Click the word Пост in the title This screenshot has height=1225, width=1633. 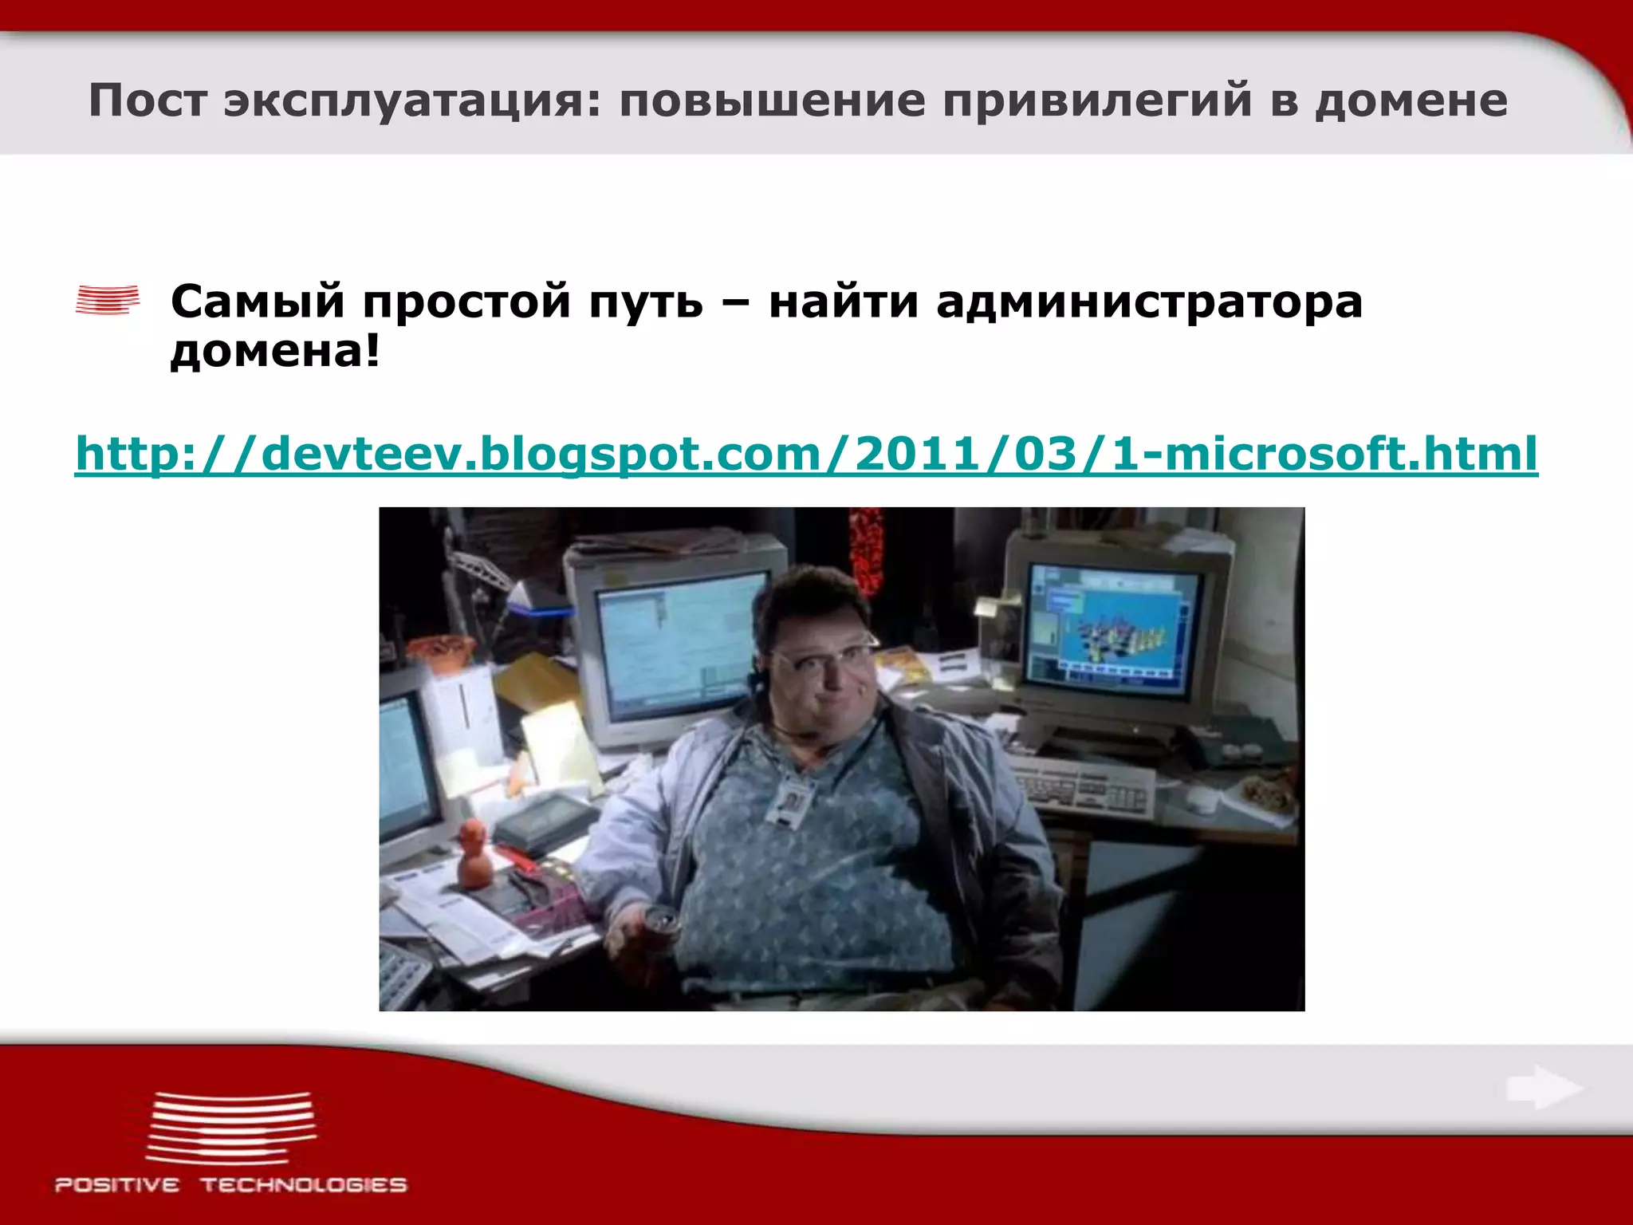pos(148,101)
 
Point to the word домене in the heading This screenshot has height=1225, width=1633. pos(1411,101)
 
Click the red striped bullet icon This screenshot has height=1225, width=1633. pos(108,300)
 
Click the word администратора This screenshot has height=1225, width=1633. pos(1149,302)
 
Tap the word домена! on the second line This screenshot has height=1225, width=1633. pos(275,351)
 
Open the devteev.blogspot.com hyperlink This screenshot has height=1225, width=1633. pos(806,455)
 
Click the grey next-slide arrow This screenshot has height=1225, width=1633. pos(1544,1088)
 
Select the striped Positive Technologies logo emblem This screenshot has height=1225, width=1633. pos(230,1128)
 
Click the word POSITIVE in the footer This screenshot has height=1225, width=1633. pos(117,1185)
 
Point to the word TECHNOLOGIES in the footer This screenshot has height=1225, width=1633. pos(304,1185)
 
